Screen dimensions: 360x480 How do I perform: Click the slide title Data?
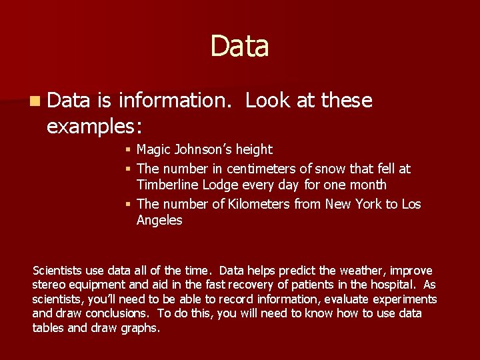(x=239, y=46)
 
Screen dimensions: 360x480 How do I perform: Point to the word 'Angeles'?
(x=159, y=220)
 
